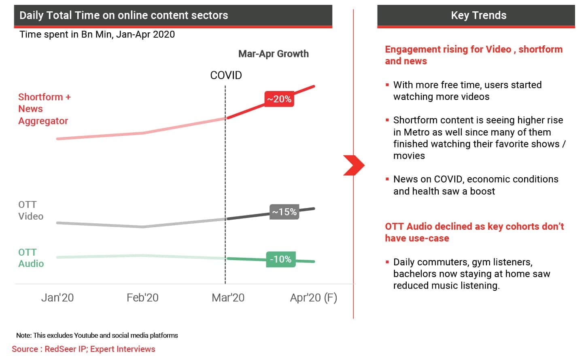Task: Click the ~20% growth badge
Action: (x=279, y=99)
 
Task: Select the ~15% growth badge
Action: (x=285, y=212)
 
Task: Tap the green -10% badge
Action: (x=281, y=259)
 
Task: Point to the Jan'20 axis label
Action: (x=57, y=298)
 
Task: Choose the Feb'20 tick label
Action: (x=142, y=298)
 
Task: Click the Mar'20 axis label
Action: (x=228, y=298)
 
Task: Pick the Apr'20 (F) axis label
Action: (x=314, y=298)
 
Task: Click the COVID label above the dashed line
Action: (x=226, y=75)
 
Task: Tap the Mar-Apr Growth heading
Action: (x=274, y=54)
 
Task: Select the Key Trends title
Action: (x=479, y=15)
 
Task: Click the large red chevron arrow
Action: (x=354, y=165)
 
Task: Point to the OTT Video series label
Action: (x=31, y=210)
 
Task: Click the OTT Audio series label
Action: (x=31, y=258)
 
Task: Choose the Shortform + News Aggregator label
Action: (x=45, y=109)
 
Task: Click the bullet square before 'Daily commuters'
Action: (x=387, y=262)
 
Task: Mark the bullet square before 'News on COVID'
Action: (x=387, y=179)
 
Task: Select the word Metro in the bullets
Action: (x=416, y=132)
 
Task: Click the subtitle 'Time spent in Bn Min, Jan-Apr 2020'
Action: (x=97, y=34)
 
